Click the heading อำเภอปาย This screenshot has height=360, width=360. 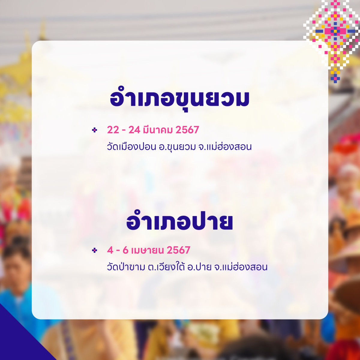[x=179, y=223]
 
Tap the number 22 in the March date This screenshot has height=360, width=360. [x=113, y=130]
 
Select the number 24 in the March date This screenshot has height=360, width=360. [x=134, y=130]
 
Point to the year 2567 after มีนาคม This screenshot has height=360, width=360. [x=187, y=130]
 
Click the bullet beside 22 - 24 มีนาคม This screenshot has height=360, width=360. [x=95, y=130]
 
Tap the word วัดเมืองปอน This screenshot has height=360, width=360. [x=131, y=147]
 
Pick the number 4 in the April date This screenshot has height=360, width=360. [x=110, y=250]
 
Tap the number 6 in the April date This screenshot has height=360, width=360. [x=125, y=250]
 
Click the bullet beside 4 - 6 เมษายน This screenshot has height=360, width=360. [x=95, y=250]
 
